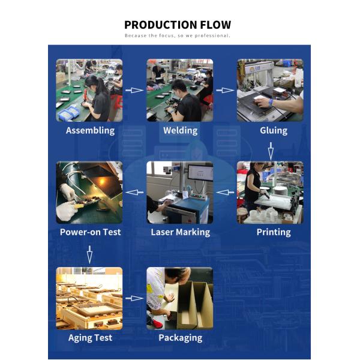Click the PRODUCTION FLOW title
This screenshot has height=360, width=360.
pyautogui.click(x=178, y=25)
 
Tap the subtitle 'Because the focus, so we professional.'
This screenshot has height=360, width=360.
pyautogui.click(x=177, y=35)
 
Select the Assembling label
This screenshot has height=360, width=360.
pyautogui.click(x=90, y=131)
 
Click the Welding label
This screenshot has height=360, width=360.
pyautogui.click(x=181, y=130)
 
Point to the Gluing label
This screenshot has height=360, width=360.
pyautogui.click(x=274, y=131)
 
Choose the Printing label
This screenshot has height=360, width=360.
pyautogui.click(x=274, y=232)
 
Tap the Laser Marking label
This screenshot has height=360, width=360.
pyautogui.click(x=181, y=232)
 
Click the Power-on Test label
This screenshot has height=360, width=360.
pyautogui.click(x=90, y=232)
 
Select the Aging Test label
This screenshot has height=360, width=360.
pyautogui.click(x=90, y=338)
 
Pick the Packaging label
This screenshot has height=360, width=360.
pyautogui.click(x=181, y=338)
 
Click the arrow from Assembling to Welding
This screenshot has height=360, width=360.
pyautogui.click(x=134, y=90)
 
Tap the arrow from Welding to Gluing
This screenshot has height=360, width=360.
pyautogui.click(x=225, y=90)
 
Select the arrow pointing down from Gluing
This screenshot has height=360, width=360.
pyautogui.click(x=271, y=151)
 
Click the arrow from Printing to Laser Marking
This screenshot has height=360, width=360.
pyautogui.click(x=225, y=192)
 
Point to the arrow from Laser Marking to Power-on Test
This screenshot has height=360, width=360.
pyautogui.click(x=134, y=192)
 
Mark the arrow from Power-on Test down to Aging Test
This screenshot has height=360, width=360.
pyautogui.click(x=90, y=254)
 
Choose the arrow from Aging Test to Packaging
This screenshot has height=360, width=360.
pyautogui.click(x=134, y=298)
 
